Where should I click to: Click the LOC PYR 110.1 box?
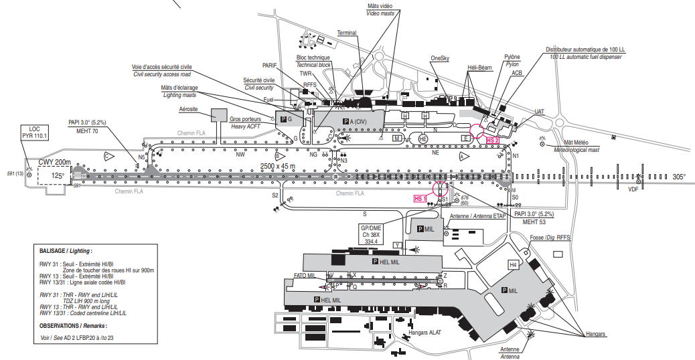coord(35,132)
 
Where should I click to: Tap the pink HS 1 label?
coord(420,199)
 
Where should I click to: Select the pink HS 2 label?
coord(493,140)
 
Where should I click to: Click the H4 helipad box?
coord(514,265)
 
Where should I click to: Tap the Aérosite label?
coord(189,108)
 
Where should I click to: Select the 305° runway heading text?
coord(679,177)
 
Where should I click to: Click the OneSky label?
coord(441,58)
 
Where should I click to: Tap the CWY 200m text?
coord(54,162)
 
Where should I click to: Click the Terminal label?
coord(347,33)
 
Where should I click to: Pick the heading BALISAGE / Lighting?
coord(66,250)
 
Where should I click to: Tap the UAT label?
coord(540,111)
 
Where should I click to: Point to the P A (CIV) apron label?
coord(356,120)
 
